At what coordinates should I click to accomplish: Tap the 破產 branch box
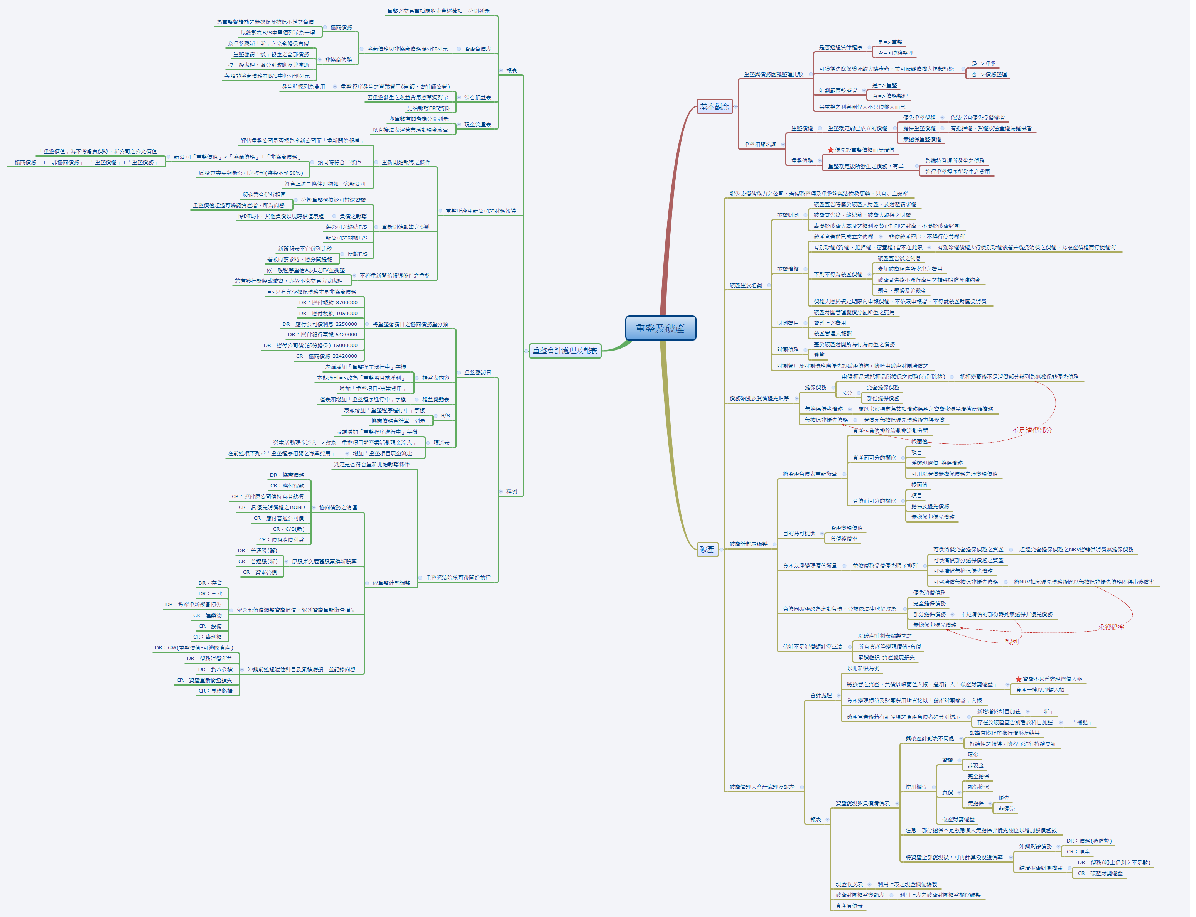(707, 549)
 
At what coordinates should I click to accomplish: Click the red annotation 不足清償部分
(1031, 430)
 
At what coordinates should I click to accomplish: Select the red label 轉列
(1012, 641)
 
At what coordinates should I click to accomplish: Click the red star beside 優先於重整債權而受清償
(830, 150)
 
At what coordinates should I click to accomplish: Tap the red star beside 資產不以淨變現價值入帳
(1018, 679)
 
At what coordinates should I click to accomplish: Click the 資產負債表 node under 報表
(477, 49)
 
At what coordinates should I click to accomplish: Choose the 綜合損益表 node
(477, 98)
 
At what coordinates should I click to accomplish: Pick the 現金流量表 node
(477, 125)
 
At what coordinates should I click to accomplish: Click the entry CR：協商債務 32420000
(326, 356)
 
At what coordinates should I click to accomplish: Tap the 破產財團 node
(788, 215)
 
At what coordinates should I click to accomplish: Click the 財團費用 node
(788, 323)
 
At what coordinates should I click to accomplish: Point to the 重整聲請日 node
(477, 372)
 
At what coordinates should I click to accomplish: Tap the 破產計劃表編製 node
(748, 544)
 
